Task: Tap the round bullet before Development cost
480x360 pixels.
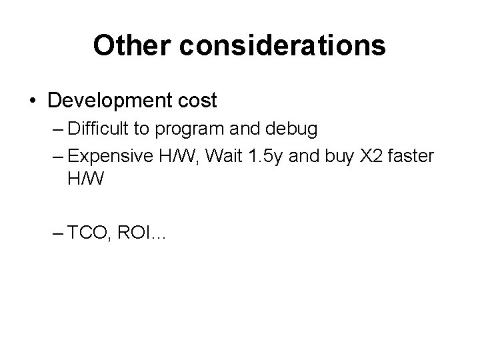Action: coord(33,101)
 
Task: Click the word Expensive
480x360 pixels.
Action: coord(112,157)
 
